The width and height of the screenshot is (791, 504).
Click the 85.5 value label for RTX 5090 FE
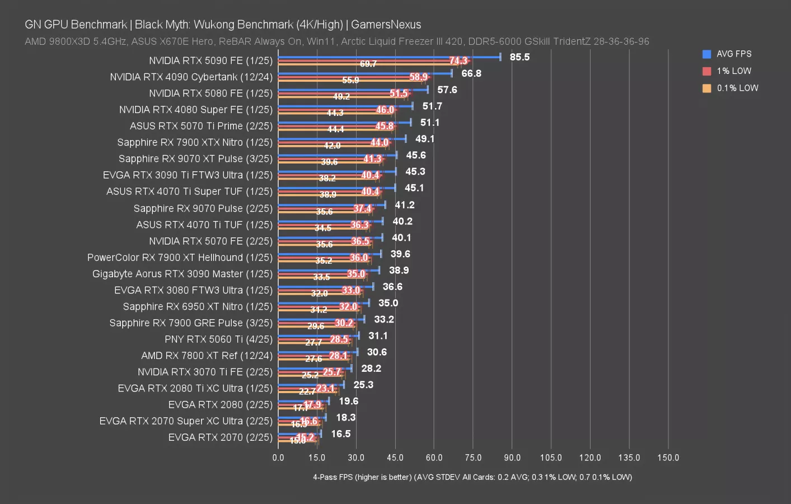pyautogui.click(x=519, y=57)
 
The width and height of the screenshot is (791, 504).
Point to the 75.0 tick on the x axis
pyautogui.click(x=473, y=458)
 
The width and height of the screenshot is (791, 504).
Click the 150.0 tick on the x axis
pyautogui.click(x=668, y=458)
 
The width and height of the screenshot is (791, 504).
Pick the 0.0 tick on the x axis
pyautogui.click(x=278, y=458)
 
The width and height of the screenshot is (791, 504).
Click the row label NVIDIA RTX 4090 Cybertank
pyautogui.click(x=191, y=77)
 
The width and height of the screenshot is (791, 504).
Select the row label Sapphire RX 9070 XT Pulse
pyautogui.click(x=195, y=158)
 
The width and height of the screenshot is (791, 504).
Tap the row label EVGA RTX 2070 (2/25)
pyautogui.click(x=220, y=437)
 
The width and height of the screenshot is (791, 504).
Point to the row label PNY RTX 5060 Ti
pyautogui.click(x=218, y=339)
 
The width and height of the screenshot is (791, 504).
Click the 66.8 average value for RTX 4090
pyautogui.click(x=471, y=73)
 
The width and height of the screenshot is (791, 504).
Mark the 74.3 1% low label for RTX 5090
pyautogui.click(x=458, y=60)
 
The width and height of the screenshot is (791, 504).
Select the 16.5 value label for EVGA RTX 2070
pyautogui.click(x=341, y=434)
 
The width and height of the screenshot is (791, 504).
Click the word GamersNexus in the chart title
pyautogui.click(x=386, y=25)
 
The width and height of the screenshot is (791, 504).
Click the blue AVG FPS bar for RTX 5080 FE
pyautogui.click(x=353, y=90)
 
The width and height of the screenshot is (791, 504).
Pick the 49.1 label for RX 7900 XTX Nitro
pyautogui.click(x=425, y=139)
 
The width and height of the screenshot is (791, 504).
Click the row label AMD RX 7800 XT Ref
pyautogui.click(x=207, y=355)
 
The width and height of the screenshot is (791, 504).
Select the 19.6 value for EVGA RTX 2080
pyautogui.click(x=349, y=401)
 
